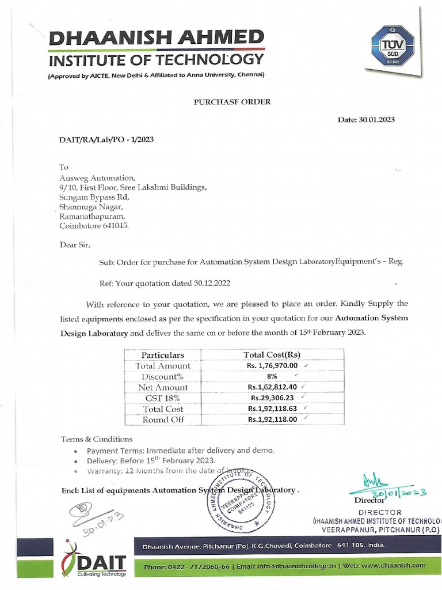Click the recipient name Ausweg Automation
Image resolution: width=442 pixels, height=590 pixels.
pos(98,177)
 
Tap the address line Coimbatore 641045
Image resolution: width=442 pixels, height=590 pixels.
pos(95,226)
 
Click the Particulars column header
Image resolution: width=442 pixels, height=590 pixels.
pos(162,355)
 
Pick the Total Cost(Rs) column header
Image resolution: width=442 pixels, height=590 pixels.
pos(272,355)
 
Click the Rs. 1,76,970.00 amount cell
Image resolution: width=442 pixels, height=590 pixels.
pos(273,366)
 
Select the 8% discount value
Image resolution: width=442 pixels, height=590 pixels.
pos(272,376)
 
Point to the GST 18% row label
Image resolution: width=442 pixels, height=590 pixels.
pos(162,398)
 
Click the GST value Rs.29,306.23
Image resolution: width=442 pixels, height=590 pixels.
pos(272,398)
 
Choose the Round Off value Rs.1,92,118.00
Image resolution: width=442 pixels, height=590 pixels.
pos(272,420)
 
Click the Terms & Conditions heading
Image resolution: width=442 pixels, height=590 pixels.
pos(97,439)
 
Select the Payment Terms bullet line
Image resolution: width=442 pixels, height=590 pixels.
pos(181,450)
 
